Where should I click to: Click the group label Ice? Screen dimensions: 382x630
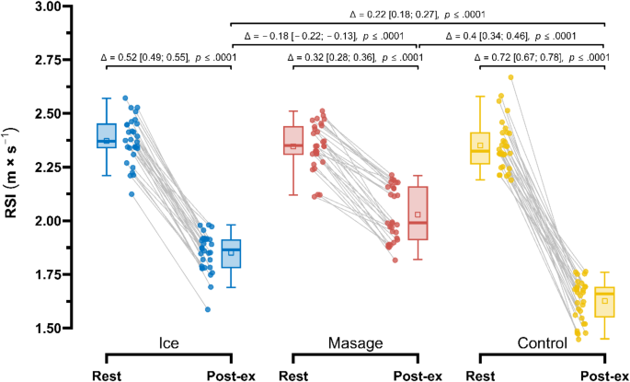pyautogui.click(x=167, y=343)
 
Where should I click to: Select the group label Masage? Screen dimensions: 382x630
pyautogui.click(x=355, y=343)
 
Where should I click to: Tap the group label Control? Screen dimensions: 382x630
pyautogui.click(x=542, y=343)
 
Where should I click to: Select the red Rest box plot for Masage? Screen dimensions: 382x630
pyautogui.click(x=293, y=141)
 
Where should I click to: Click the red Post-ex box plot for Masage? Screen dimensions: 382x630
pyautogui.click(x=418, y=214)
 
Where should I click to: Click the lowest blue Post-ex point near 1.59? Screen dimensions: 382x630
pyautogui.click(x=208, y=309)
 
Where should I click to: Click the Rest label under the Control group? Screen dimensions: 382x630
pyautogui.click(x=480, y=375)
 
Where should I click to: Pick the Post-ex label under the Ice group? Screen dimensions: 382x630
pyautogui.click(x=229, y=375)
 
